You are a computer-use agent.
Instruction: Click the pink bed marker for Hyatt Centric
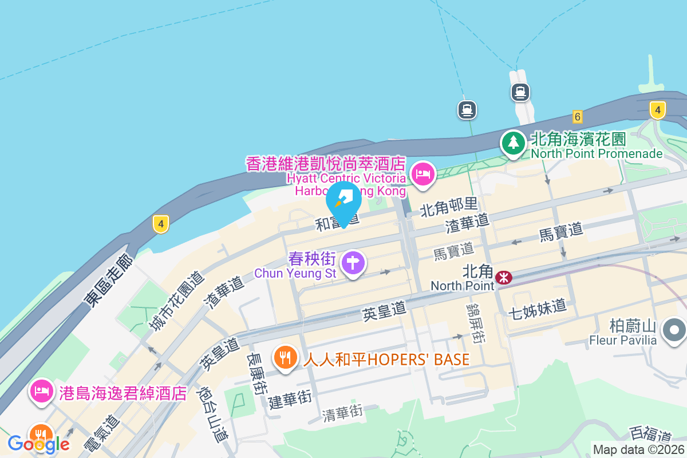coord(423,173)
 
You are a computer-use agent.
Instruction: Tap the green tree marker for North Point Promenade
coord(513,142)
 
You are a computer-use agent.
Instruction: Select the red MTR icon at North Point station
coord(504,278)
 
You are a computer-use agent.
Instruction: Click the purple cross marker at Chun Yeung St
coord(353,263)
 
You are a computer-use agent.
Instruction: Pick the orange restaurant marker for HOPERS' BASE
coord(285,357)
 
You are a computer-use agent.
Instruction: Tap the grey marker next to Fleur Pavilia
coord(674,330)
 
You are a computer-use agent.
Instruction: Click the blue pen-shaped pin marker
coord(343,202)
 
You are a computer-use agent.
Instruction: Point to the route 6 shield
coord(577,117)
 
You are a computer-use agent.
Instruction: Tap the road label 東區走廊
coord(109,280)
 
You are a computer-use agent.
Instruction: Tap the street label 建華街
coord(290,399)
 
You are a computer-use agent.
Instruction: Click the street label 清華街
coord(342,411)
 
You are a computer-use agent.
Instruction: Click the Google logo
coord(39,444)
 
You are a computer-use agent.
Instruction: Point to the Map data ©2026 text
coord(639,450)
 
